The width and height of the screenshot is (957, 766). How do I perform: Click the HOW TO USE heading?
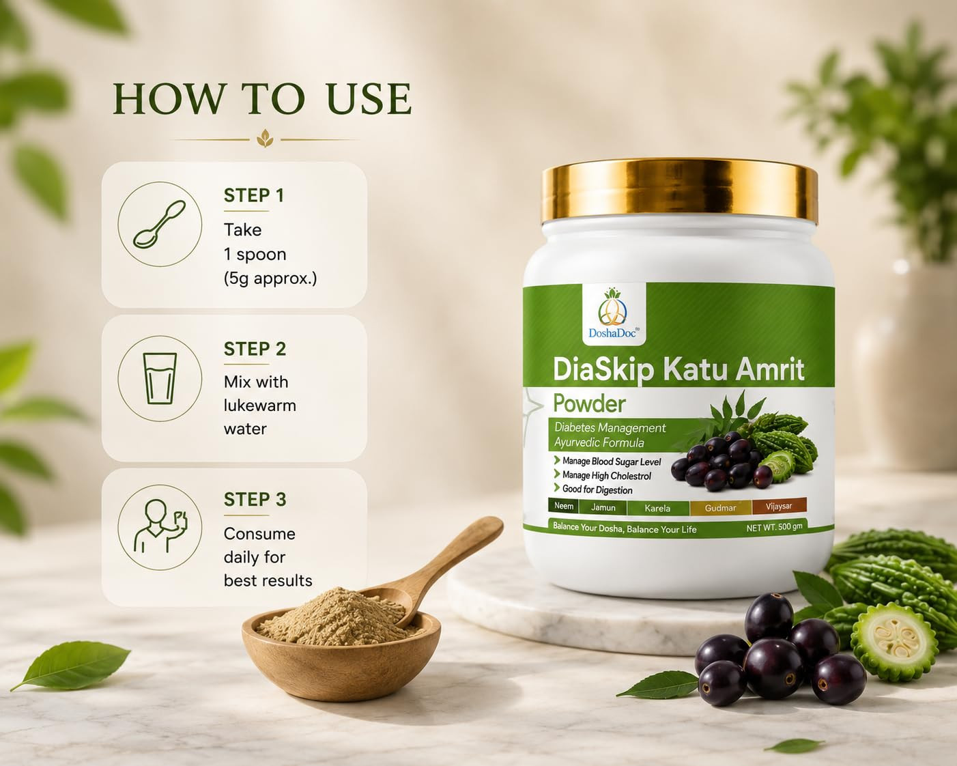tap(262, 98)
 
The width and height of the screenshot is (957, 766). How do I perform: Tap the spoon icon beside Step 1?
tap(159, 224)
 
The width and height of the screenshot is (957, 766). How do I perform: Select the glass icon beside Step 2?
tap(160, 378)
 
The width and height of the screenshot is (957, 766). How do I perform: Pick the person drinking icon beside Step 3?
tap(160, 526)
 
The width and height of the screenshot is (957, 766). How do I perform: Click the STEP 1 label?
tap(254, 195)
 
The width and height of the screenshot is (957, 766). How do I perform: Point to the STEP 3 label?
tap(255, 499)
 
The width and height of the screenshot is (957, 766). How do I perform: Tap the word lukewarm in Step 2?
tap(259, 406)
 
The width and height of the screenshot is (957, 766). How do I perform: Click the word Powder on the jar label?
tap(589, 403)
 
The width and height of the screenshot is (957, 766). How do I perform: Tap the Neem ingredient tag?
tap(563, 506)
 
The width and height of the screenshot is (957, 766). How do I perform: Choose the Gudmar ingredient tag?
tap(720, 507)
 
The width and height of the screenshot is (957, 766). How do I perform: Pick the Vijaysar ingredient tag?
tap(779, 506)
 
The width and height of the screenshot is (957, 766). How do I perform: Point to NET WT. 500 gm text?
tap(774, 527)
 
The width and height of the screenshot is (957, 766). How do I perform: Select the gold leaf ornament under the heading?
tap(265, 139)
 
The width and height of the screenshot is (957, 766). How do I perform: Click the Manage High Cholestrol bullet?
tap(602, 475)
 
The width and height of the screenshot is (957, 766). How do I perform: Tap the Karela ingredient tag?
tap(657, 507)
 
